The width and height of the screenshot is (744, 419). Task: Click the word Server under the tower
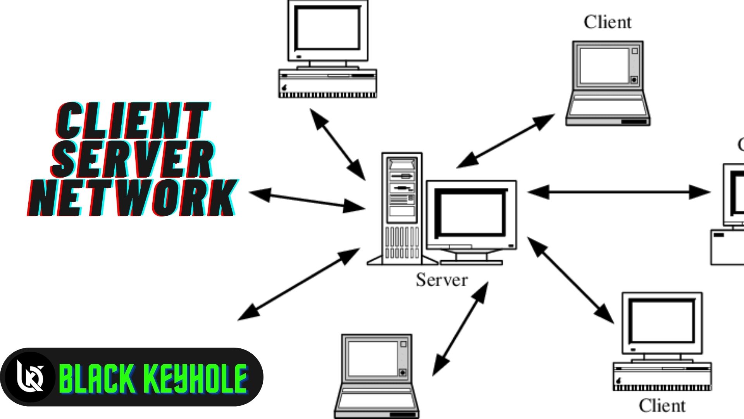click(442, 280)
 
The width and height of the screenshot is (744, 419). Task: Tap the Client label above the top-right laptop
click(608, 22)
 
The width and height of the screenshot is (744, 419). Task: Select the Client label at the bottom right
click(662, 405)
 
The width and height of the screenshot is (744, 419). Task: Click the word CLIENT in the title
click(132, 121)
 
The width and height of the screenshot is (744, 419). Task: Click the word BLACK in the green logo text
click(97, 378)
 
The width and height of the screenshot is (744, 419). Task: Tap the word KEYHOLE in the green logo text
click(196, 378)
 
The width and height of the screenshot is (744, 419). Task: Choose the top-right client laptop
click(607, 83)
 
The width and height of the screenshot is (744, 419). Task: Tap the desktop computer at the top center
click(328, 48)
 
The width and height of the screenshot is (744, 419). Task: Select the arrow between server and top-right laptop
click(506, 141)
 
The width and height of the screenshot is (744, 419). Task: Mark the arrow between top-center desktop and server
click(338, 144)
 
